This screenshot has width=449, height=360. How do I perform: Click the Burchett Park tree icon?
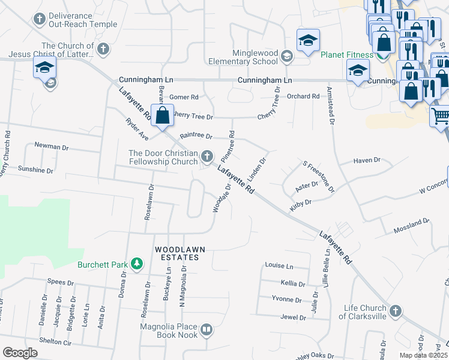click(x=137, y=263)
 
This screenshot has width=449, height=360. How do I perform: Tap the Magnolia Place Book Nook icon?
click(x=206, y=329)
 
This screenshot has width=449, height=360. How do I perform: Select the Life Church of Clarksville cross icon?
click(x=395, y=311)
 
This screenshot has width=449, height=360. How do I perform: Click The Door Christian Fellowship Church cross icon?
click(x=207, y=157)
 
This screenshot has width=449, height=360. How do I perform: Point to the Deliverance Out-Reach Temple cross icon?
click(x=39, y=19)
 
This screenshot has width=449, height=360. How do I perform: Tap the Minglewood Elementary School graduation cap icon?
click(x=287, y=56)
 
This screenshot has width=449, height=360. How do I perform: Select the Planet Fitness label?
click(x=347, y=55)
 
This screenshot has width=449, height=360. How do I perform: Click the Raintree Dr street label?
click(x=196, y=136)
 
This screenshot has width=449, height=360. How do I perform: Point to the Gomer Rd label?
click(x=183, y=97)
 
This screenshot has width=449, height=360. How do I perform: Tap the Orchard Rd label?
click(x=303, y=96)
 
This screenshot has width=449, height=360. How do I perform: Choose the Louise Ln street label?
click(x=279, y=266)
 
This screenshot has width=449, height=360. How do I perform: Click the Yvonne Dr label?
click(x=286, y=299)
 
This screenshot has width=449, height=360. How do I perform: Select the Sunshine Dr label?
click(x=35, y=170)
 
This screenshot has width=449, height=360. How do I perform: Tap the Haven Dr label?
click(x=367, y=160)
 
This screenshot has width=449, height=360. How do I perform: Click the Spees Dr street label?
click(x=60, y=282)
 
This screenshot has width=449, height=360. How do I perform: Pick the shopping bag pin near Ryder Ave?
click(x=163, y=115)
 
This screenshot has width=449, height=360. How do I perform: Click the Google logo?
click(x=20, y=353)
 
